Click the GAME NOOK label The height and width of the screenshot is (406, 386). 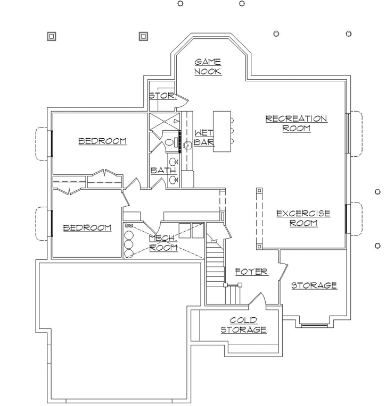click(208, 66)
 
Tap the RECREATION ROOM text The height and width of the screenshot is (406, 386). click(296, 123)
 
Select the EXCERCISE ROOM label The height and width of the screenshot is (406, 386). click(303, 218)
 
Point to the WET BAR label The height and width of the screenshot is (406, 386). click(203, 137)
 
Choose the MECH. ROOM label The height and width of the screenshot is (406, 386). click(163, 243)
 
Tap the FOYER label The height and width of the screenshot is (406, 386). click(251, 272)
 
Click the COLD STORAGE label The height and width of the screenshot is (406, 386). click(243, 325)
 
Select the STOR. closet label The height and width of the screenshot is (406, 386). click(162, 96)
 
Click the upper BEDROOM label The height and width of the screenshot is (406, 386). click(102, 141)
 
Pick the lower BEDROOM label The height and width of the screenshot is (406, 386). click(87, 227)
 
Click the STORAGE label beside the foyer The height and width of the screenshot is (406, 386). click(314, 285)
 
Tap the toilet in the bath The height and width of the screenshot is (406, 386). click(169, 142)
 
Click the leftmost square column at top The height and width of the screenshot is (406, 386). click(52, 36)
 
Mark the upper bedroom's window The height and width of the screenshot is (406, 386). click(51, 143)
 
